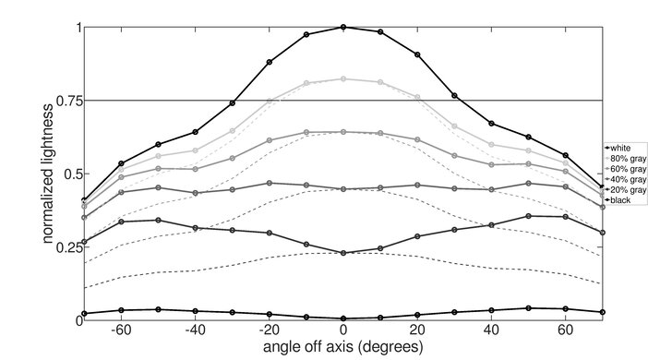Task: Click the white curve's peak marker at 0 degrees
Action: click(x=343, y=27)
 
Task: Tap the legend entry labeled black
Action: click(x=619, y=199)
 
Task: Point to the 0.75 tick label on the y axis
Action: click(x=64, y=100)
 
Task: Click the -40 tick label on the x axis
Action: click(x=194, y=330)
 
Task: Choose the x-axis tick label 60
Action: click(x=566, y=330)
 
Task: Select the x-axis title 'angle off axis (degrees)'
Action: click(x=342, y=348)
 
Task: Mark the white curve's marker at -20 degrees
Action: click(x=269, y=62)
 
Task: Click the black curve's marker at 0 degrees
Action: click(x=343, y=318)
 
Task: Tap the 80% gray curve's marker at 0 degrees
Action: click(x=343, y=79)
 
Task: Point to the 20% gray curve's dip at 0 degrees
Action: click(x=343, y=253)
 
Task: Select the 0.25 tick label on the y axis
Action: click(x=64, y=246)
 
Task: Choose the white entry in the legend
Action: click(x=619, y=148)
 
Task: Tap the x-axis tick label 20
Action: click(x=417, y=330)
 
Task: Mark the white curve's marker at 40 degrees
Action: click(x=491, y=123)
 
